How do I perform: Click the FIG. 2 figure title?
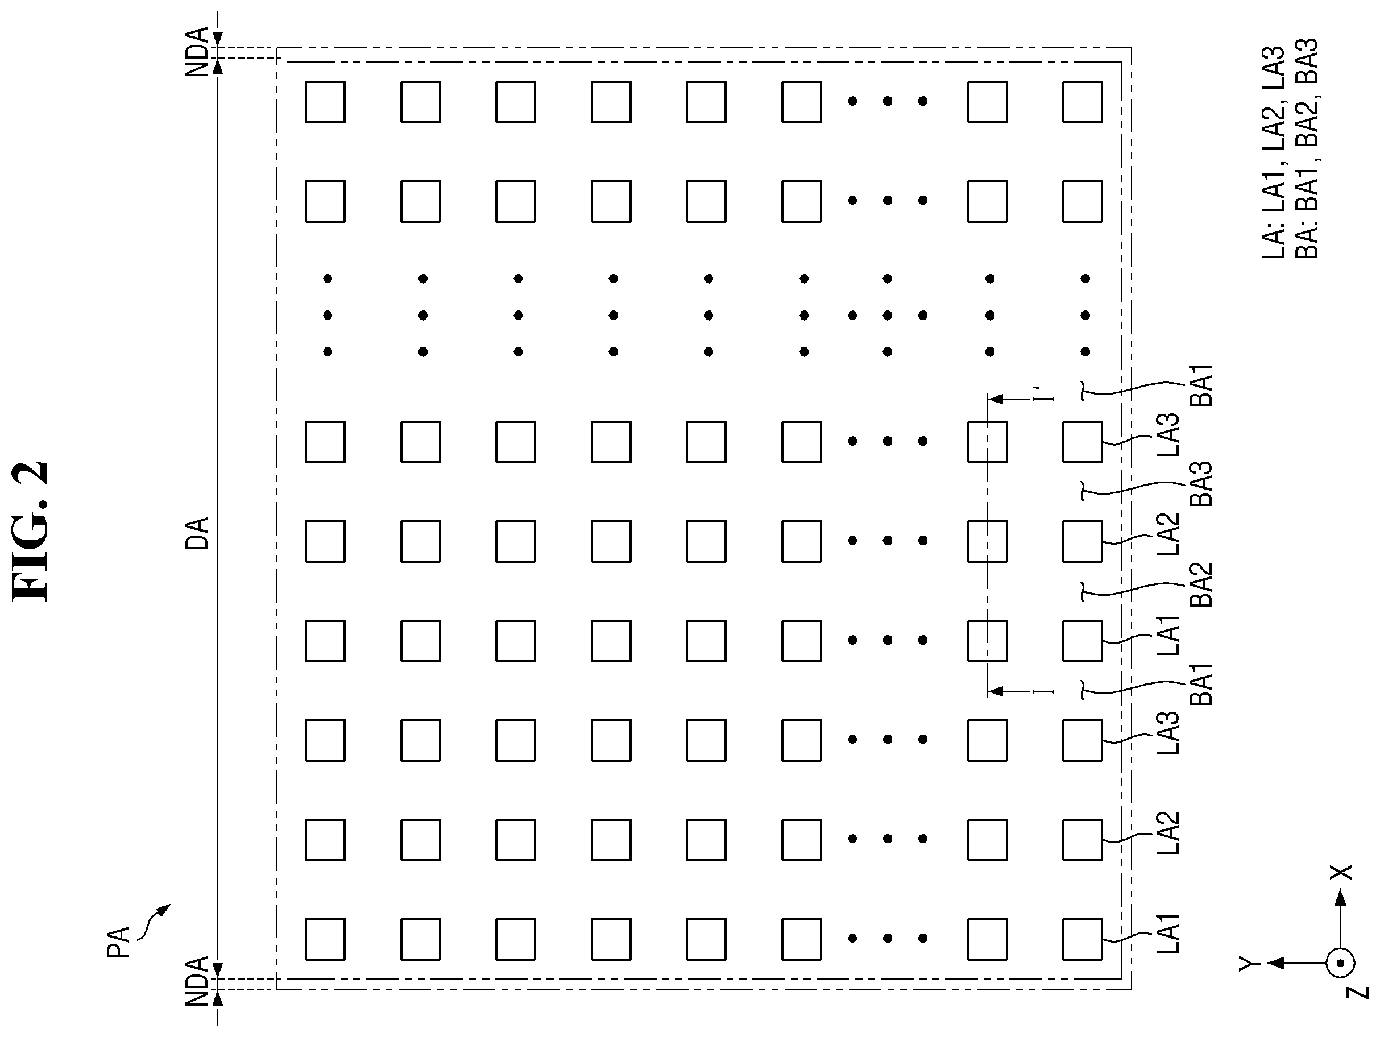[30, 532]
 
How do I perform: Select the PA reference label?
[118, 941]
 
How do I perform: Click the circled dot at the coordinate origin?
[1340, 964]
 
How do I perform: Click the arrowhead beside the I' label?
[996, 398]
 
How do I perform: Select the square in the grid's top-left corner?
[325, 102]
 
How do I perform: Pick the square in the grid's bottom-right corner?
[1083, 939]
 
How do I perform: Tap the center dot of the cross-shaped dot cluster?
[887, 315]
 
